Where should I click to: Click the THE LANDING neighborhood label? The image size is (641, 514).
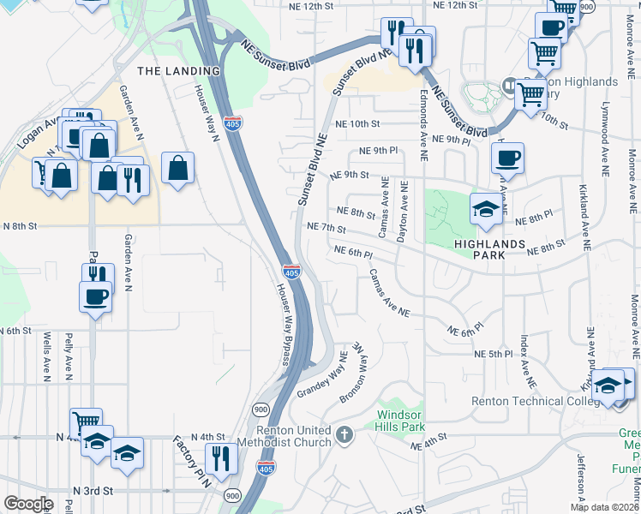[179, 71]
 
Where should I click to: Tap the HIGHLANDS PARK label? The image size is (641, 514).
[488, 244]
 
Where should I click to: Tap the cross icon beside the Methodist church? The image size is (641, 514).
[344, 435]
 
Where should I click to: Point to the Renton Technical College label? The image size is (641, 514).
[530, 401]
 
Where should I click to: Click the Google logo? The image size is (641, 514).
[28, 504]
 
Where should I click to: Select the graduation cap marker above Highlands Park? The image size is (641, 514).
[486, 210]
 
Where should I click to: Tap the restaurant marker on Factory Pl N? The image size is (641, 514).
[221, 458]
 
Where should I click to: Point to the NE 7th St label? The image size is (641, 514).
[326, 229]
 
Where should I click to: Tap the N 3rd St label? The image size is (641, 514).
[93, 490]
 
